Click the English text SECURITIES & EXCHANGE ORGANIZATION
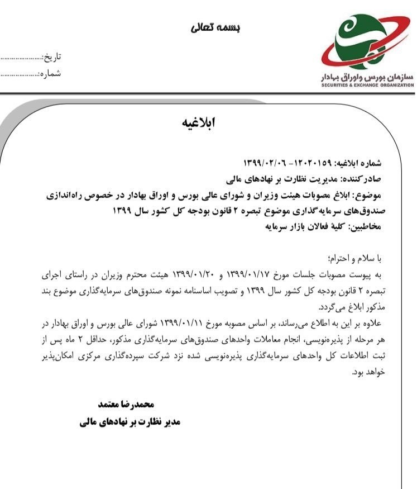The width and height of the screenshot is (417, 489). click(367, 86)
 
